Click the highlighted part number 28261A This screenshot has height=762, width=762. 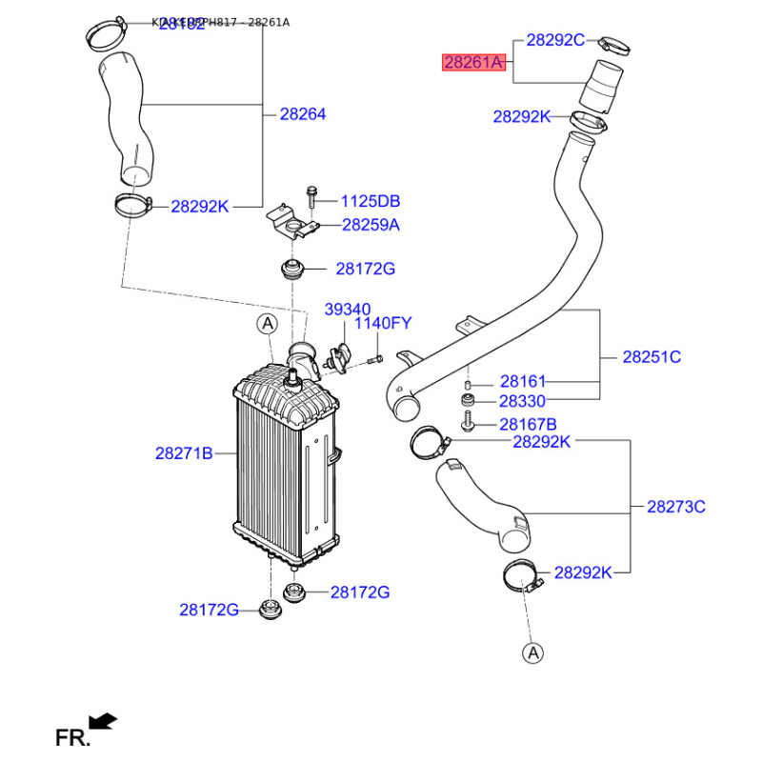[472, 64]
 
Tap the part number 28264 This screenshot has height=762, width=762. [303, 114]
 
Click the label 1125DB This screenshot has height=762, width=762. [371, 201]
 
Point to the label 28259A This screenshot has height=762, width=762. [371, 226]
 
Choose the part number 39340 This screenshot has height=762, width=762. [349, 310]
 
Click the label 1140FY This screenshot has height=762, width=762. [383, 324]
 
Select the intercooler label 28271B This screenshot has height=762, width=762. [184, 453]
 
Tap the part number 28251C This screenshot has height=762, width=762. [652, 357]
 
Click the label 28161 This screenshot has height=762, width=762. [523, 381]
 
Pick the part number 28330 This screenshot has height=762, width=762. [523, 402]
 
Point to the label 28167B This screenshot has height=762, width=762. [528, 424]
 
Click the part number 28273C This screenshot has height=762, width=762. [676, 507]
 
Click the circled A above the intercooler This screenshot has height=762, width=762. [268, 325]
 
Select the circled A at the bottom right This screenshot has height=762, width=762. [533, 652]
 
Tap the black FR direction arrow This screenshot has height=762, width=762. [102, 721]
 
